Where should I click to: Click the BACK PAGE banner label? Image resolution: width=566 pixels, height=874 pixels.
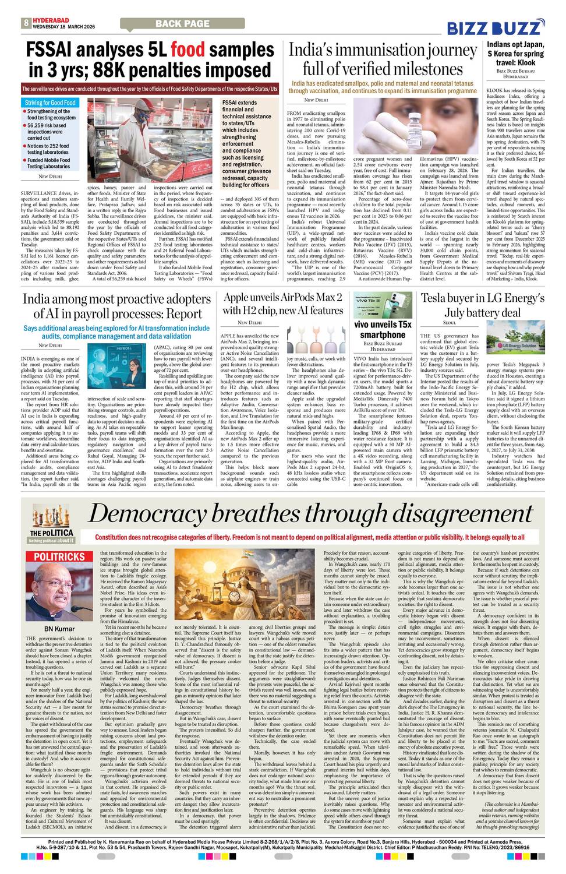[182, 23]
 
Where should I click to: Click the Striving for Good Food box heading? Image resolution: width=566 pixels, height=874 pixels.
[50, 103]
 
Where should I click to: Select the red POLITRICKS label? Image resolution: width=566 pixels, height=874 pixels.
[59, 557]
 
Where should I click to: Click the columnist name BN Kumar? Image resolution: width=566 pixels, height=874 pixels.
[59, 629]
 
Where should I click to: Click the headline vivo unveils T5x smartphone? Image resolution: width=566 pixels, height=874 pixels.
[383, 329]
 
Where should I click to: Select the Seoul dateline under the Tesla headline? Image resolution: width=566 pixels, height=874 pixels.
[450, 323]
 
